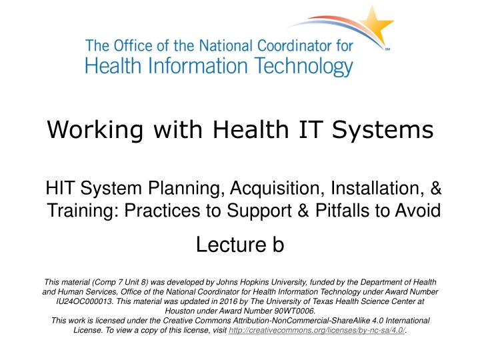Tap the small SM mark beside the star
pos(389,50)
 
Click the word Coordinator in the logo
pos(297,47)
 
